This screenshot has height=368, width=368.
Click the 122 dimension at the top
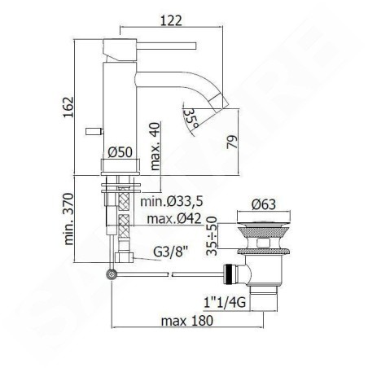coord(171,20)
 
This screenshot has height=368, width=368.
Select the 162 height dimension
coord(68,107)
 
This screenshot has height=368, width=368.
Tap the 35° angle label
coord(191,118)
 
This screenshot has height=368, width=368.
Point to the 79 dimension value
coord(232,142)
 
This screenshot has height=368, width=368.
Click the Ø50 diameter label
coord(120,152)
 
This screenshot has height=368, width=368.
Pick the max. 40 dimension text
coord(156,147)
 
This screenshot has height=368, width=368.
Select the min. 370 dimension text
coord(68,219)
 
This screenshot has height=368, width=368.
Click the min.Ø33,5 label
coord(172,201)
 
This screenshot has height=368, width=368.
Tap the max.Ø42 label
coord(174,218)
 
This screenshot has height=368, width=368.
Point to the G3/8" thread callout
coord(171,252)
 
